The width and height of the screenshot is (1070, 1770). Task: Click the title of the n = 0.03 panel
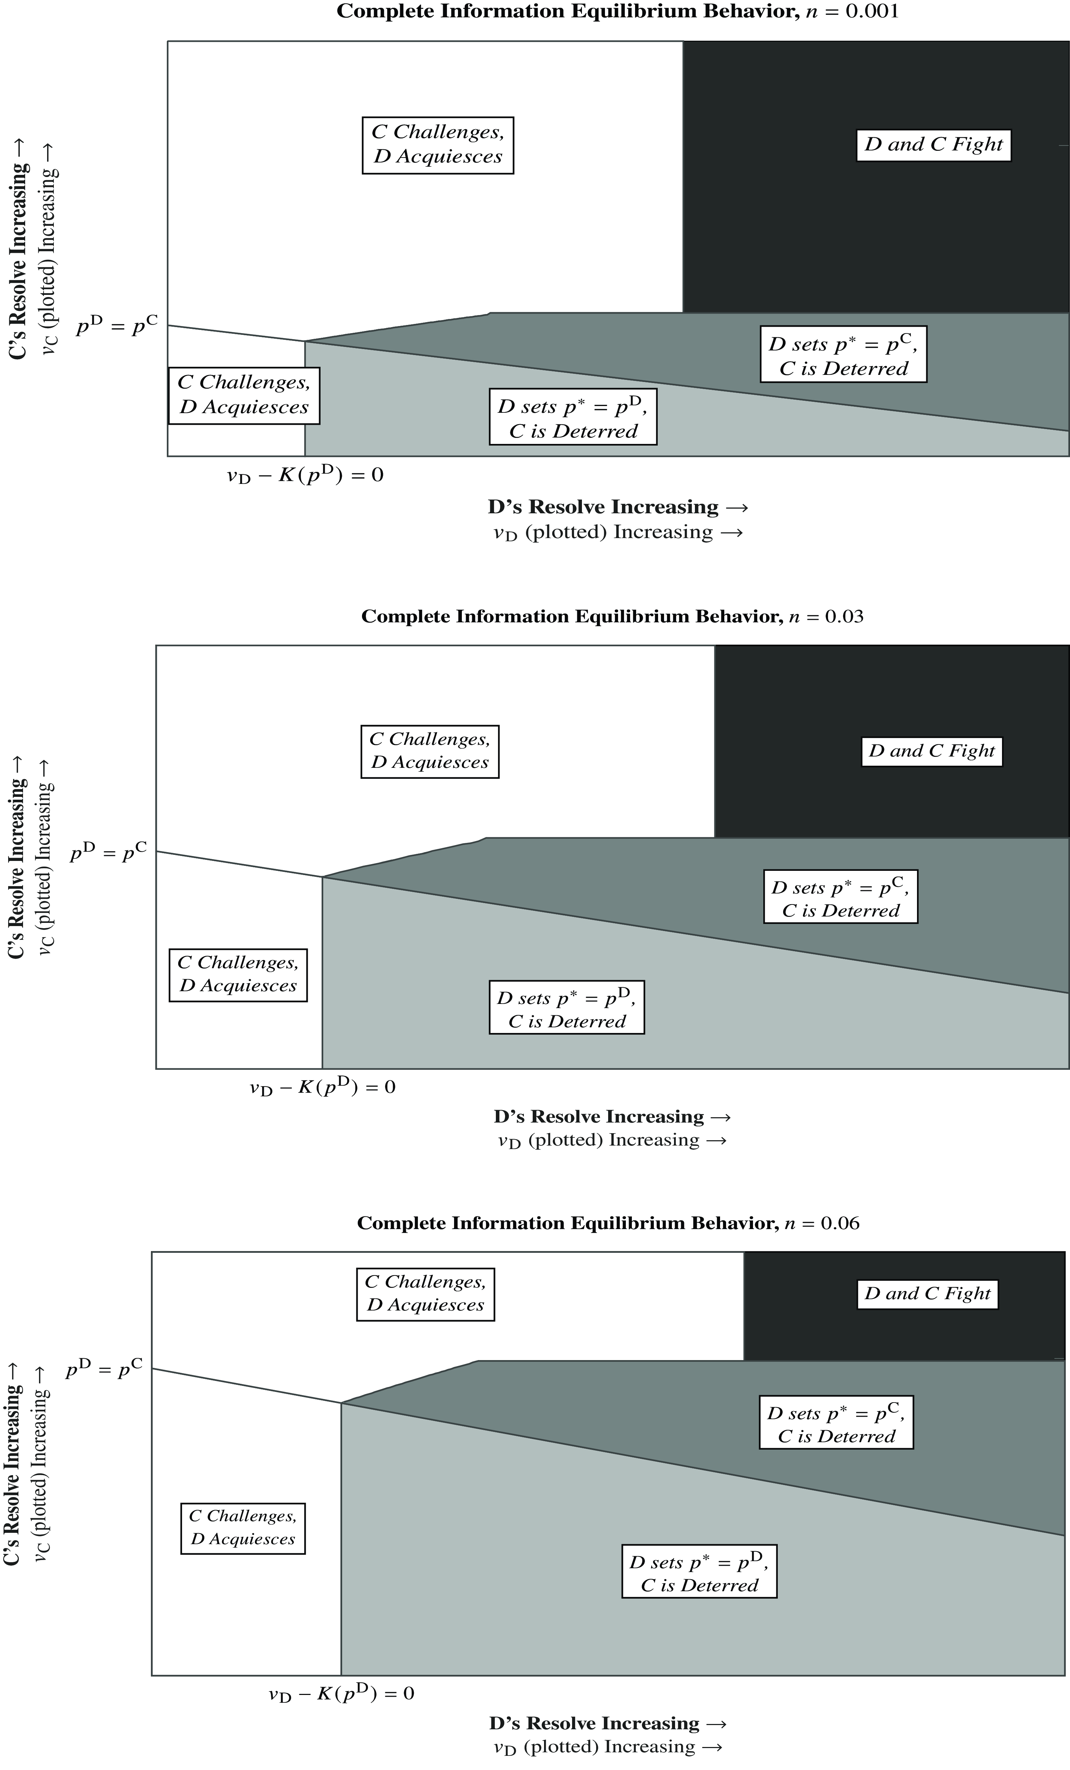[x=612, y=616]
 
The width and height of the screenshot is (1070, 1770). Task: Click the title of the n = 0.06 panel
[x=608, y=1223]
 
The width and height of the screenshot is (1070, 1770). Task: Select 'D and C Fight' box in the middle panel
[x=931, y=752]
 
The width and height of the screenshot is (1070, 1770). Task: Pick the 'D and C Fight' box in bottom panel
[x=927, y=1294]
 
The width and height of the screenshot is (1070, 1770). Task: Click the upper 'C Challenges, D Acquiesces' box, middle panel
[x=430, y=752]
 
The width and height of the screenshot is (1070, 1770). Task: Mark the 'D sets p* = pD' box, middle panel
[x=566, y=1007]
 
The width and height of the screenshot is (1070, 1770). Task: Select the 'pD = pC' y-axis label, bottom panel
[x=104, y=1370]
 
